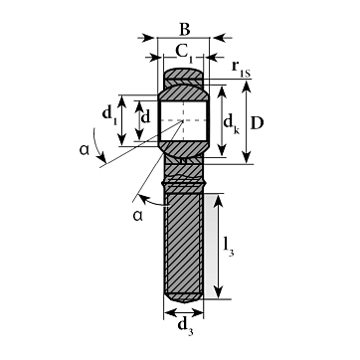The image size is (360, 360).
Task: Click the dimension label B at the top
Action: pyautogui.click(x=185, y=29)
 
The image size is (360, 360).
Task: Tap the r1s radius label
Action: pyautogui.click(x=241, y=69)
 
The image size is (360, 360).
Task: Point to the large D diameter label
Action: pyautogui.click(x=257, y=123)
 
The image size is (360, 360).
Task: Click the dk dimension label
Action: pyautogui.click(x=231, y=123)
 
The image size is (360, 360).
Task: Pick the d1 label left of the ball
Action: pyautogui.click(x=109, y=114)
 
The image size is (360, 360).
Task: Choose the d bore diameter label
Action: pyautogui.click(x=146, y=116)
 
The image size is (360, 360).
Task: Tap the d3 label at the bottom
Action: pyautogui.click(x=185, y=326)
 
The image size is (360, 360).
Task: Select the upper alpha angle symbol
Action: pyautogui.click(x=85, y=150)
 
